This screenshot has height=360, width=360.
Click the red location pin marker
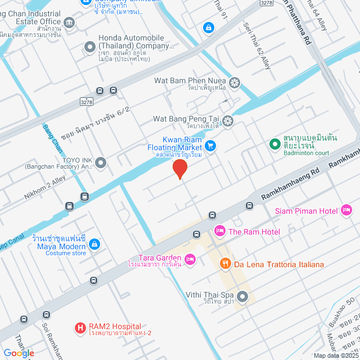[179, 168]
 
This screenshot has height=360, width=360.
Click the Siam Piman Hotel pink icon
[346, 211]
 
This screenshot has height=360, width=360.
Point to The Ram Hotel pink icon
[219, 231]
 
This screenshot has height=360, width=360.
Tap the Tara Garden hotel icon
[190, 259]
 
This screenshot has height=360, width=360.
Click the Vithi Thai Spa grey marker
[242, 295]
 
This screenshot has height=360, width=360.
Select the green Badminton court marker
[274, 144]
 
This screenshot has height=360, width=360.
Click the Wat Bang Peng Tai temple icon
[227, 120]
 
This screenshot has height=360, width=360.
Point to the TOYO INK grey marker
[101, 163]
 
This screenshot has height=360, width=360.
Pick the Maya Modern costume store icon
[94, 245]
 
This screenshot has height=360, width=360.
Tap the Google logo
[18, 353]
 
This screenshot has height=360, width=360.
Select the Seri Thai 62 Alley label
[258, 46]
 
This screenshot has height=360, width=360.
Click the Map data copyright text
[336, 355]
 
